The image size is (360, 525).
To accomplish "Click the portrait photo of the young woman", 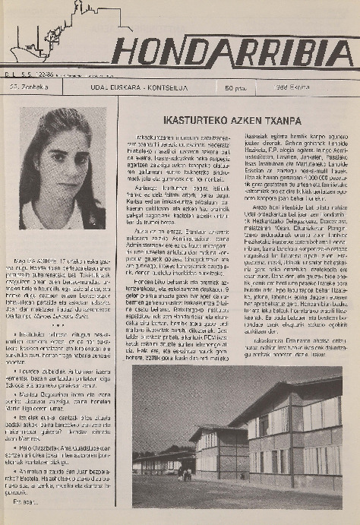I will (63, 168).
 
